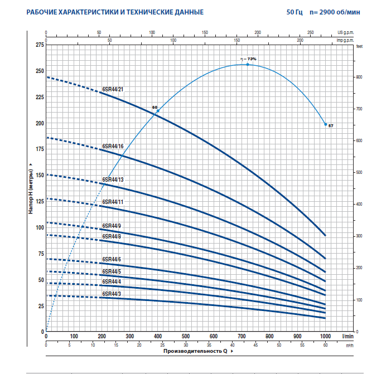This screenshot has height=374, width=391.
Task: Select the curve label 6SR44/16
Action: tap(113, 146)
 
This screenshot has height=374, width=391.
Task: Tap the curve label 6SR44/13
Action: tap(113, 179)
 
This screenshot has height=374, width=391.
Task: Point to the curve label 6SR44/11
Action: tap(113, 201)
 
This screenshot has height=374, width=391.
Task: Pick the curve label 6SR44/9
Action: tap(112, 226)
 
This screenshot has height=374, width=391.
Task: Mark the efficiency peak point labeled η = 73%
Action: tap(248, 64)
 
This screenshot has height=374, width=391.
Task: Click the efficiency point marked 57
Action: tap(326, 124)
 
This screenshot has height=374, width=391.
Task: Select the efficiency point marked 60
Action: tap(158, 111)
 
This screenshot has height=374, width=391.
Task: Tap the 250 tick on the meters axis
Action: tap(38, 71)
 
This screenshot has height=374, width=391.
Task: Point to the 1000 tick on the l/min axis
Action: tap(325, 336)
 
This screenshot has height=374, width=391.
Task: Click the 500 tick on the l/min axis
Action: tap(186, 336)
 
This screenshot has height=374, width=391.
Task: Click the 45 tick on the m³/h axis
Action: tap(255, 346)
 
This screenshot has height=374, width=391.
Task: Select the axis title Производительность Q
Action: tap(195, 352)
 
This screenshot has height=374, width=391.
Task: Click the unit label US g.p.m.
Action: tap(345, 33)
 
